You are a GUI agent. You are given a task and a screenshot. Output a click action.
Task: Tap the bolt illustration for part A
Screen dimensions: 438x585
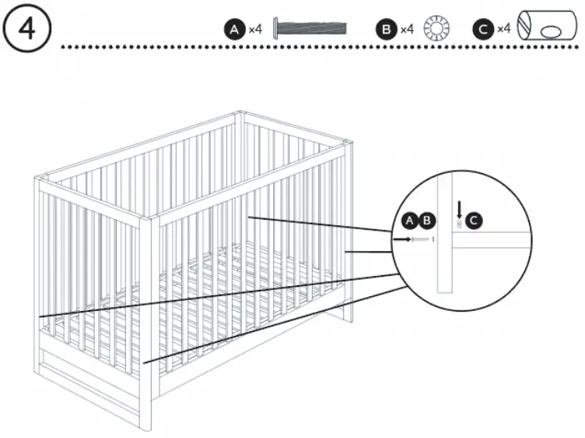click(310, 30)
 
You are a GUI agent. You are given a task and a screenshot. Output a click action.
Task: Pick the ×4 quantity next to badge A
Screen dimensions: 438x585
click(255, 30)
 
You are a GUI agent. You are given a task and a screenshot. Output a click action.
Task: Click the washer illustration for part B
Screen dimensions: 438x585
click(437, 30)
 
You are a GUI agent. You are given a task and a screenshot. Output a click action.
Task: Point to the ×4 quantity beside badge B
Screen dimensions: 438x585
click(407, 30)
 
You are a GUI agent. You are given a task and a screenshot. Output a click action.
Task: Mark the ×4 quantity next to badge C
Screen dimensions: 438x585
click(503, 30)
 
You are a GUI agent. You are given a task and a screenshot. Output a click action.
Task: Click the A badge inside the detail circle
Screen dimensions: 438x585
click(410, 221)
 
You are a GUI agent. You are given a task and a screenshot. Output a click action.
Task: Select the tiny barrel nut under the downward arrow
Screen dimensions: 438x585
click(460, 224)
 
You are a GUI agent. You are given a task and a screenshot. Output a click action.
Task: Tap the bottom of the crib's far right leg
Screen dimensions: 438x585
click(347, 316)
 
